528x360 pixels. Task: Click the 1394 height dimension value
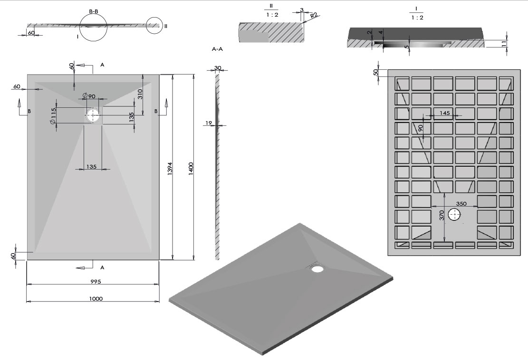[170, 169]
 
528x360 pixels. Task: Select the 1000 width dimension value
[96, 298]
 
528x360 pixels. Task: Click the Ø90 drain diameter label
[89, 96]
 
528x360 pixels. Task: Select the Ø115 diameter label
[54, 116]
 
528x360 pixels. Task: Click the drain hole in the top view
[94, 114]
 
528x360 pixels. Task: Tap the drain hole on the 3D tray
[317, 269]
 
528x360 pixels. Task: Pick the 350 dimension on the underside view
[461, 204]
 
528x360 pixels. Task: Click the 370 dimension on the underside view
[442, 215]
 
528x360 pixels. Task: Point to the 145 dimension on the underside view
[445, 113]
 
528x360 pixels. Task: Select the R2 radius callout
[314, 15]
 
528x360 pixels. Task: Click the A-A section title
[218, 49]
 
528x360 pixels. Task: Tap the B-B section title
[94, 10]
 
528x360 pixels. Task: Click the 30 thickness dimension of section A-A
[218, 68]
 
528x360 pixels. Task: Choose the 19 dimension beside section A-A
[208, 123]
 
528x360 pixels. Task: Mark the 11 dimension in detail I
[504, 44]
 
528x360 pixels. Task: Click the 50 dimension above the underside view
[375, 72]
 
